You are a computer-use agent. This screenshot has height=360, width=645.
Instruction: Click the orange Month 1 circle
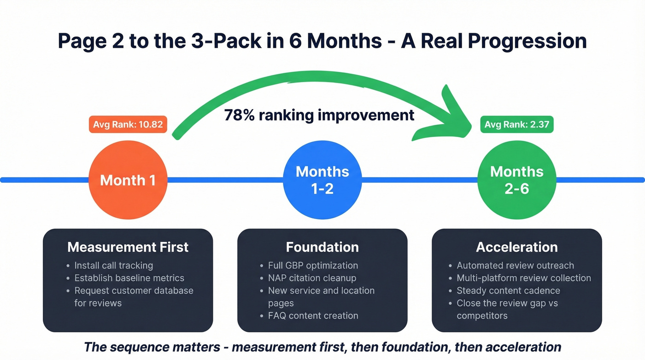tap(128, 180)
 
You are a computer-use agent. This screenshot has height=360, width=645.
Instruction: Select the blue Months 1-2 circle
tap(322, 180)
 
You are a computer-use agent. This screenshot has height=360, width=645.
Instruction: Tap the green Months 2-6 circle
tap(516, 180)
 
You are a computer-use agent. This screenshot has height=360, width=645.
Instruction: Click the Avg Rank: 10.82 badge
tap(128, 124)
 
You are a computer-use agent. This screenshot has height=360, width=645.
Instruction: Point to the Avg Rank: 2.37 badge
tap(516, 124)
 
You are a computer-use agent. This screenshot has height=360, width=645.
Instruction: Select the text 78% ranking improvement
tap(319, 115)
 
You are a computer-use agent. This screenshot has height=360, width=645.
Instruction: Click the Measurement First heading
tap(128, 247)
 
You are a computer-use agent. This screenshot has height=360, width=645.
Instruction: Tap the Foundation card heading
tap(322, 247)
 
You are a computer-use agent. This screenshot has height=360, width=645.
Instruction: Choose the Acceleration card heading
tap(516, 247)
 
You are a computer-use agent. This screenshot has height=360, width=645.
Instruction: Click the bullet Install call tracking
tap(113, 266)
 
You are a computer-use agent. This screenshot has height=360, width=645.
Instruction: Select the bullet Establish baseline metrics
tap(129, 278)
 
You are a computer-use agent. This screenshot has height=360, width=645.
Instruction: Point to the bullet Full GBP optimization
tap(313, 266)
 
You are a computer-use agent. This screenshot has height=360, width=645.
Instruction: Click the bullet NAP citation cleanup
tap(312, 278)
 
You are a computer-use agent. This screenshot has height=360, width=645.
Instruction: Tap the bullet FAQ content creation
tap(313, 316)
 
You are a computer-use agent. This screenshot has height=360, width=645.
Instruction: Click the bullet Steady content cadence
tap(508, 290)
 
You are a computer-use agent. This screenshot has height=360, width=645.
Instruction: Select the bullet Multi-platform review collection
tap(523, 278)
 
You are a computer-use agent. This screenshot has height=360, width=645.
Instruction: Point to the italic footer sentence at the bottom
tap(322, 347)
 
